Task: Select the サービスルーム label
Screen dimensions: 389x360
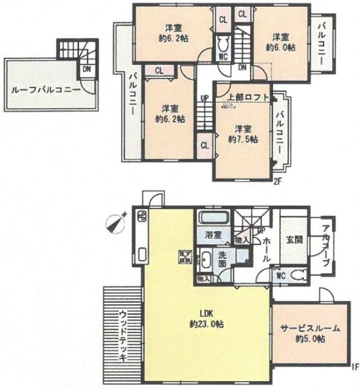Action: point(310,328)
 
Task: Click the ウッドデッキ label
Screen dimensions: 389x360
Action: point(123,336)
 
